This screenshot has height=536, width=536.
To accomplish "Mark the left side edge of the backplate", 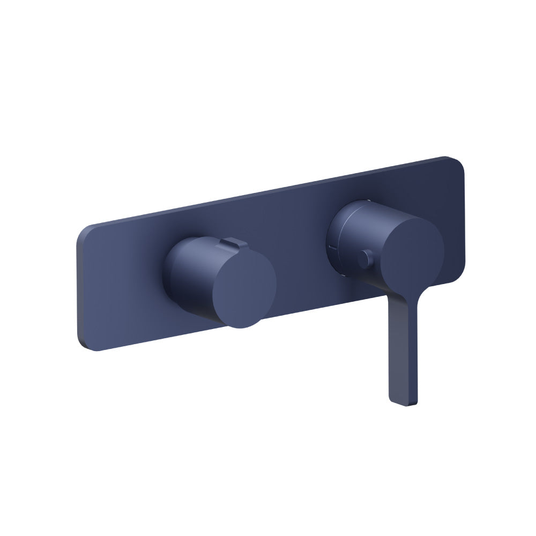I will [x=78, y=289].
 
